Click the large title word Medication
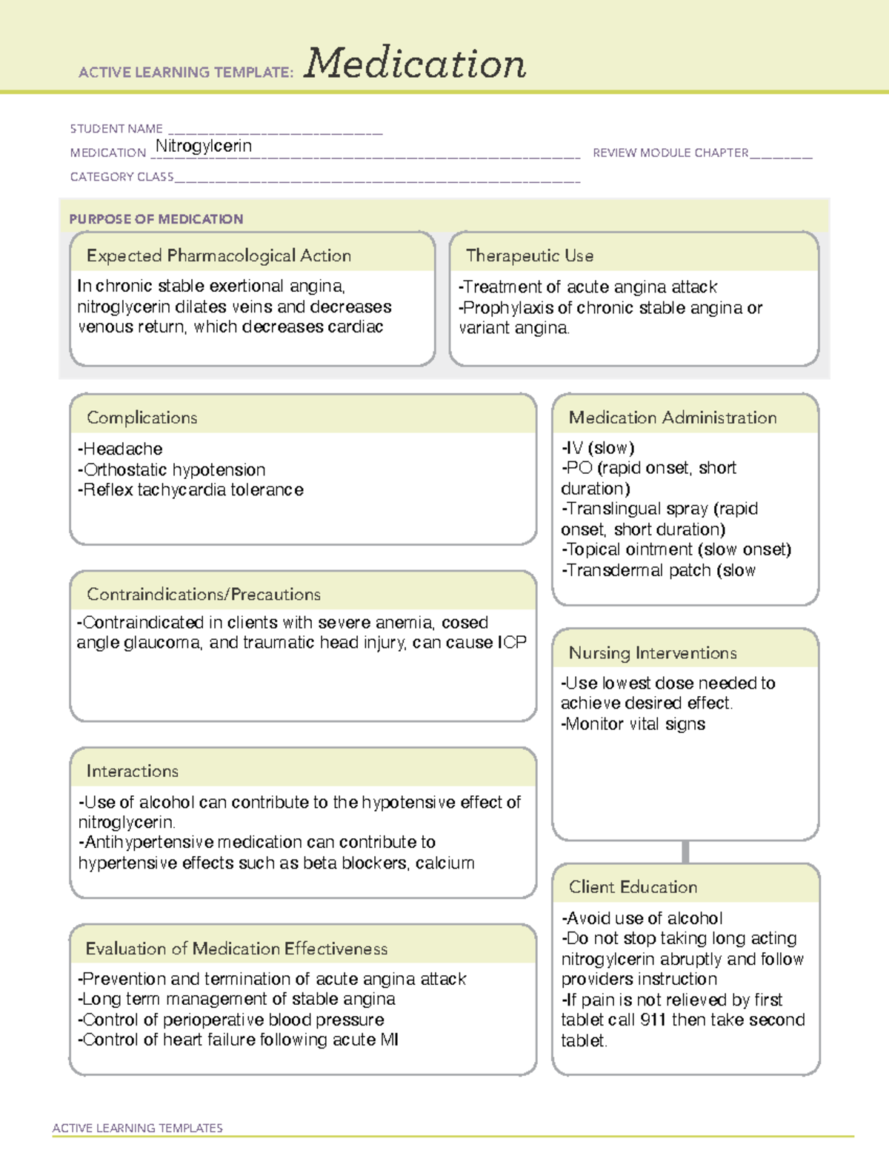(x=414, y=64)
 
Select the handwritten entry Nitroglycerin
(x=204, y=146)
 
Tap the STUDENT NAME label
(x=116, y=129)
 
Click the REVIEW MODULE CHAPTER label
(x=670, y=153)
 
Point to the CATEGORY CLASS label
(x=121, y=177)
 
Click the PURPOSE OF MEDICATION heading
(x=156, y=219)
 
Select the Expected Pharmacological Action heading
(x=219, y=255)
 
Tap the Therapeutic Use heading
(x=529, y=255)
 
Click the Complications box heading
(x=141, y=418)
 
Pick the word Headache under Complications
(x=123, y=449)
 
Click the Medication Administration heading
(x=672, y=418)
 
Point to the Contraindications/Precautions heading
(x=203, y=594)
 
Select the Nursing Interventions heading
(x=652, y=652)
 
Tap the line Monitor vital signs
(x=633, y=724)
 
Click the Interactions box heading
(x=132, y=771)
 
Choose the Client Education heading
(x=633, y=886)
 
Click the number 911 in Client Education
(x=653, y=1020)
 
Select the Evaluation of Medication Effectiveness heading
(x=236, y=949)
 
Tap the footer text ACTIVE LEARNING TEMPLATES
(x=138, y=1128)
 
